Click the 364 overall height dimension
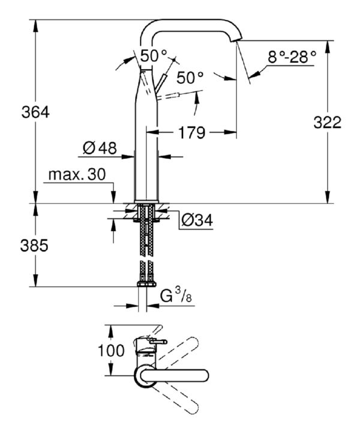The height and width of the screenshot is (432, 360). coord(35,112)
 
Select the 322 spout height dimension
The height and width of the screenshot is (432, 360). coord(328,122)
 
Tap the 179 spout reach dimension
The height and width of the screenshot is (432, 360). coord(192,133)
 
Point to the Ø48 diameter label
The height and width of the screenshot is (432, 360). coord(100,148)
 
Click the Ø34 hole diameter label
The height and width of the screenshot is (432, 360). coord(197,220)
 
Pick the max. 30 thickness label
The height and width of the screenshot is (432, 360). coord(77,175)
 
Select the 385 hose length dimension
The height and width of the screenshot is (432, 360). coord(34,245)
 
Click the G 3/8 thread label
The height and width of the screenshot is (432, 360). coord(176,297)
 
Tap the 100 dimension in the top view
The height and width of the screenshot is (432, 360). coord(111,351)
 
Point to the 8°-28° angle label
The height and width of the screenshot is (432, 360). coord(292,58)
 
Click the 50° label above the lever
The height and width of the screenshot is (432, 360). coord(154,56)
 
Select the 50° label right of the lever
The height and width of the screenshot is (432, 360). coord(190,77)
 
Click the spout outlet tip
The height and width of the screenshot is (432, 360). coord(236,41)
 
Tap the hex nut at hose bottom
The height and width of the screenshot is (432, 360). coord(146,284)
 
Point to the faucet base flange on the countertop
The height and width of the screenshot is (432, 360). coord(146,202)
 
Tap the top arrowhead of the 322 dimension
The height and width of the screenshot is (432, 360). coord(327,47)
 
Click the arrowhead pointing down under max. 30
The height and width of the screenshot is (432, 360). coord(113,197)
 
